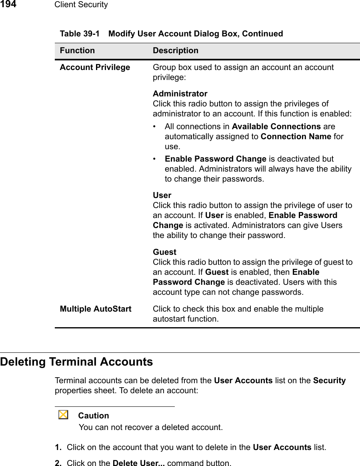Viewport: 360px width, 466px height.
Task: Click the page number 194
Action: coord(8,4)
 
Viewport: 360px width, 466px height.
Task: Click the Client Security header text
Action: coord(81,5)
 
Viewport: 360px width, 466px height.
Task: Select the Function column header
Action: coord(78,51)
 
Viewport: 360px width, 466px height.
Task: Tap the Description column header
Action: coord(176,51)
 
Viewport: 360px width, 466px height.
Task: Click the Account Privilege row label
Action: coord(95,67)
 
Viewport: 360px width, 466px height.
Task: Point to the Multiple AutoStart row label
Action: coord(96,309)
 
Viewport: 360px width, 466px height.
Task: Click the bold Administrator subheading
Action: coord(180,94)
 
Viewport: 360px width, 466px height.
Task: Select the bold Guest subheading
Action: coord(164,252)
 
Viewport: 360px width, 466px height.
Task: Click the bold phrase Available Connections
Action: coord(276,126)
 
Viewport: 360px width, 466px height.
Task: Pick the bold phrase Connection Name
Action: coord(296,136)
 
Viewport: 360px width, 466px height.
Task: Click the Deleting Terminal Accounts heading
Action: coord(77,362)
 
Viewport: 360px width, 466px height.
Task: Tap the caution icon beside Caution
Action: coord(63,415)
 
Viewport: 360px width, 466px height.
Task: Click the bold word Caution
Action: coord(94,416)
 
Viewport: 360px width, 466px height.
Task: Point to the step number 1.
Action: coord(58,447)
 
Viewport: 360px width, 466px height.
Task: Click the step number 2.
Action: coord(58,464)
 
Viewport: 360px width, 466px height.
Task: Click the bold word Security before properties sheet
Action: coord(330,380)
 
